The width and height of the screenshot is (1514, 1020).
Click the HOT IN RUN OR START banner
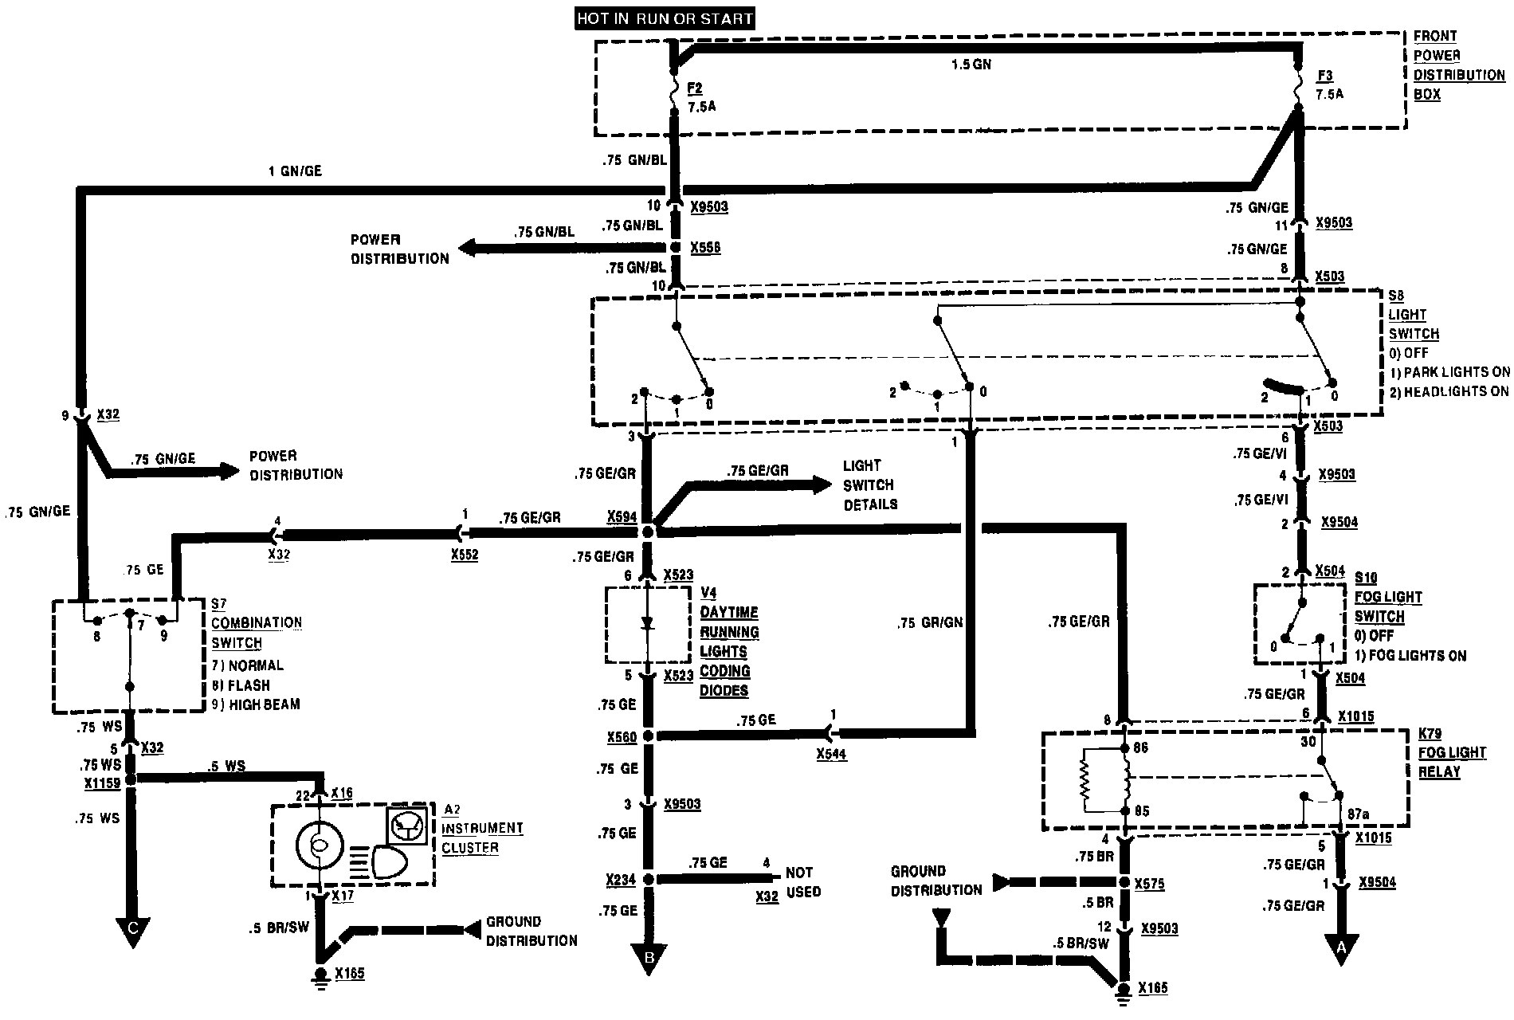click(x=665, y=18)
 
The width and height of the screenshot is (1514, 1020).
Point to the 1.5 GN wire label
click(x=971, y=65)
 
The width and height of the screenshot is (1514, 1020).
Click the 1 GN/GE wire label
click(x=295, y=171)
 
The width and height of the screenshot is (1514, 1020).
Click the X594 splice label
click(x=622, y=517)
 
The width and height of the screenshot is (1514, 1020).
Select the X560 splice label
click(x=622, y=737)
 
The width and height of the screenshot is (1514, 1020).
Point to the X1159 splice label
click(x=102, y=783)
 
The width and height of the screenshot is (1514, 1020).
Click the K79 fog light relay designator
click(x=1430, y=734)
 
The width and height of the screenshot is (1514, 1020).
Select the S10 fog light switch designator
click(x=1366, y=579)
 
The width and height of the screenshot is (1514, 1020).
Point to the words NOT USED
click(x=803, y=881)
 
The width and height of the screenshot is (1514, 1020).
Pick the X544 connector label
click(x=831, y=754)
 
